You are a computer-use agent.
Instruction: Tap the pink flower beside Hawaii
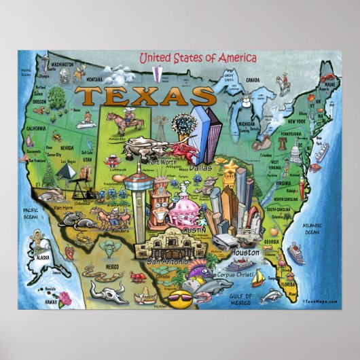click(x=65, y=296)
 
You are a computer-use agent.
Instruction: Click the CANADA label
click(x=253, y=79)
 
